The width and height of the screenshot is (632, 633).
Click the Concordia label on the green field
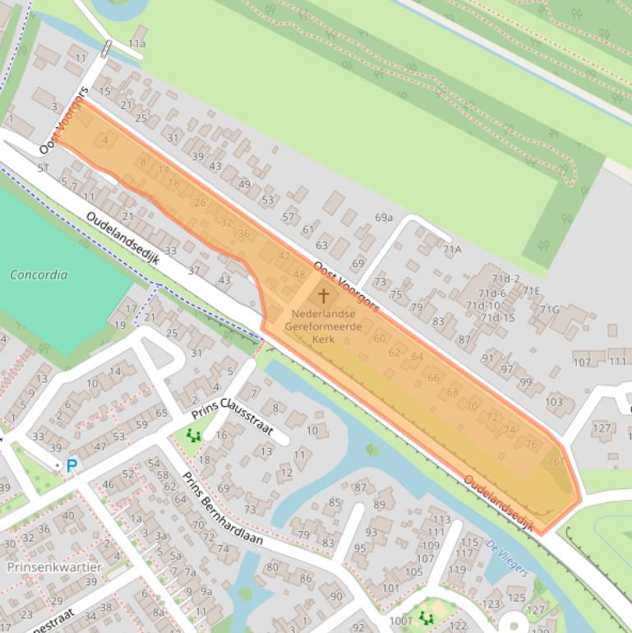[x=39, y=275]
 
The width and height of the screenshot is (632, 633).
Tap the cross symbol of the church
[x=323, y=295]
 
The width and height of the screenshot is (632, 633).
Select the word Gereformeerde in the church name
[x=323, y=326]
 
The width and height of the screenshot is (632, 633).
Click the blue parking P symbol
[x=72, y=465]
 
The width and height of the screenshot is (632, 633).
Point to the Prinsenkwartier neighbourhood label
[x=54, y=567]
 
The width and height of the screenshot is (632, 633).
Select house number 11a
[x=136, y=44]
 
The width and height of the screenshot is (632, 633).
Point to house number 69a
[x=384, y=217]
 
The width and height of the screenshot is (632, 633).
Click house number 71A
[x=452, y=249]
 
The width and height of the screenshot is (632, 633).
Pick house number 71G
[x=548, y=309]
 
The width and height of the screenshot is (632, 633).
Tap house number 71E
[x=532, y=290]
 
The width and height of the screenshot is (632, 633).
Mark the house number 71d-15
[x=497, y=317]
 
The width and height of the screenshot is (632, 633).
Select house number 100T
[x=402, y=621]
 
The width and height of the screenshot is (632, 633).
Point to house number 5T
[x=43, y=168]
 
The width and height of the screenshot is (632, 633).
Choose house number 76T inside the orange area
[x=556, y=461]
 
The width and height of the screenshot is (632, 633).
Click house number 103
[x=554, y=401]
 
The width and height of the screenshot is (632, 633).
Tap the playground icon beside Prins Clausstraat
[x=194, y=435]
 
